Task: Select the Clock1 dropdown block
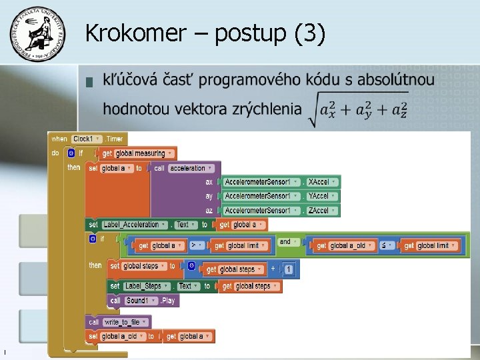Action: [87, 139]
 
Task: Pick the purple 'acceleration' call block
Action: [191, 168]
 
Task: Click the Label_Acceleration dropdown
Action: [134, 225]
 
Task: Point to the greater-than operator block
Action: [197, 245]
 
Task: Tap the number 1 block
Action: [288, 269]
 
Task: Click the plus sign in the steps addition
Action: [272, 269]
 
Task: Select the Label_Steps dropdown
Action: [147, 286]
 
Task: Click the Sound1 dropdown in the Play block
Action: [140, 301]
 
